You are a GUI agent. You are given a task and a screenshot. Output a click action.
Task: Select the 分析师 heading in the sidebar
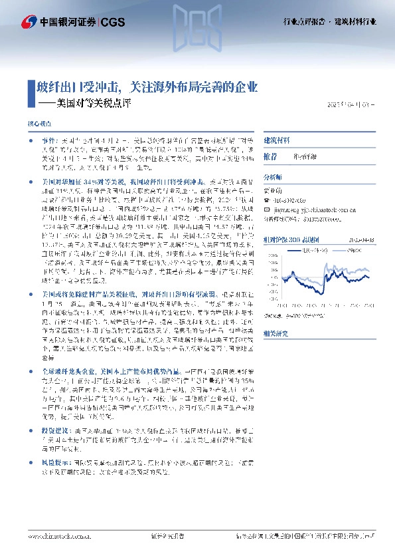(x=272, y=178)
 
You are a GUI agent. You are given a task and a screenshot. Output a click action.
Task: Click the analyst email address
(x=318, y=207)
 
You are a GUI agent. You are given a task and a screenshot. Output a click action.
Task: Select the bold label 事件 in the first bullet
(x=48, y=142)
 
